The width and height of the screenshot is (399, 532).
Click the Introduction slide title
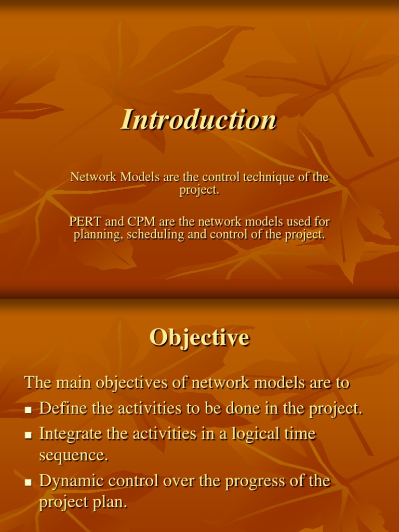tap(199, 119)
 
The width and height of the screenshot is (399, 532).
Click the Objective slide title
tap(199, 338)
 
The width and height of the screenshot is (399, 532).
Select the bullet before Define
tap(29, 410)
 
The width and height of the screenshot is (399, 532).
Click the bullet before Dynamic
tap(29, 483)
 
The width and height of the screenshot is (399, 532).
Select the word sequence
tap(74, 455)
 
